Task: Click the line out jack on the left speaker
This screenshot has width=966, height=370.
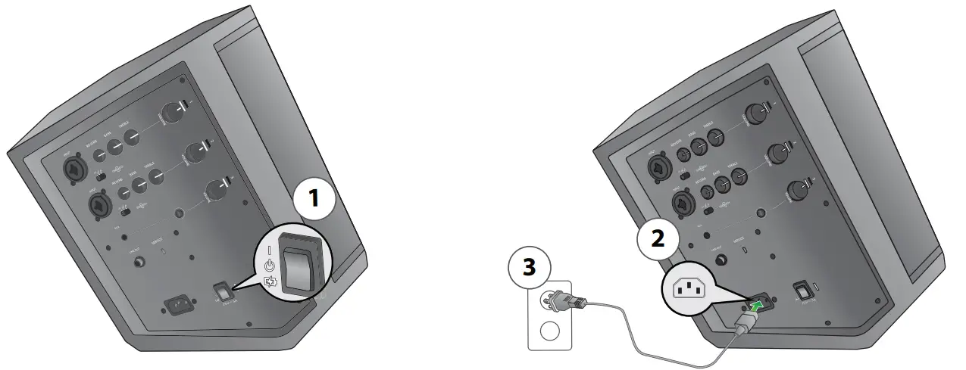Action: point(139,262)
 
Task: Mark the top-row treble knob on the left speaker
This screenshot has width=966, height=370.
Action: point(132,137)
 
